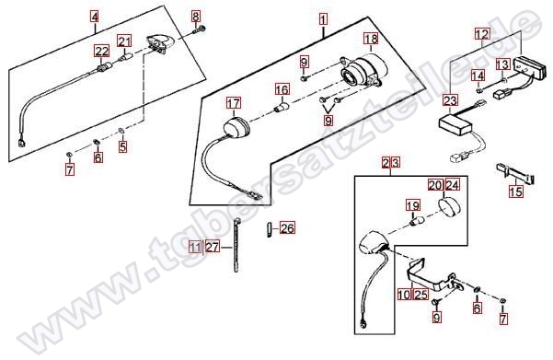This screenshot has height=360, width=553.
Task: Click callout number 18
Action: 371,39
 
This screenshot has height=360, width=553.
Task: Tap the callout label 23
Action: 450,101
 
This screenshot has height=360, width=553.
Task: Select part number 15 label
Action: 515,192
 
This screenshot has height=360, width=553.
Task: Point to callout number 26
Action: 287,228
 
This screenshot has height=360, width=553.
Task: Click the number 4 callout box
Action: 95,17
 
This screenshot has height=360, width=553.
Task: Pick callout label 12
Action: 482,34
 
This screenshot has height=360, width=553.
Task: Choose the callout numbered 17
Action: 234,103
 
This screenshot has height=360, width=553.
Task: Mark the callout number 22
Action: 101,52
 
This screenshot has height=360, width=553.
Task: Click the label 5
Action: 122,146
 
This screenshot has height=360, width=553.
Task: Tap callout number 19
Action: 413,205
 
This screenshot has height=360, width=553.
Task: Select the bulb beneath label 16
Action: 282,106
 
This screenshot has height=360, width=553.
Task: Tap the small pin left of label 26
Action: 269,230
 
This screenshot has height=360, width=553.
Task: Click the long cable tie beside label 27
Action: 236,246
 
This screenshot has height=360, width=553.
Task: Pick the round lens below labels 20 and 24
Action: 449,207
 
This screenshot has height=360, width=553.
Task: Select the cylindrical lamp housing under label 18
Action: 363,71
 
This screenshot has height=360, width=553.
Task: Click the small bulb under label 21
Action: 125,57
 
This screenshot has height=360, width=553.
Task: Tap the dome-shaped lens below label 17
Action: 236,128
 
